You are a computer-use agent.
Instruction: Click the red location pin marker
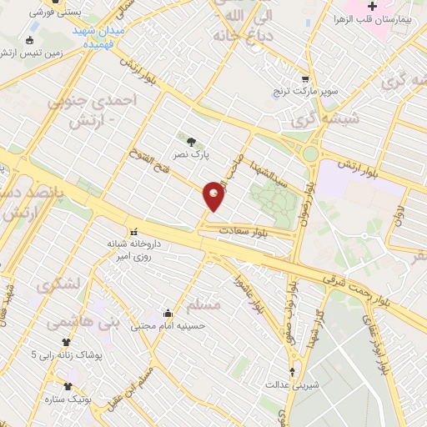pos(214,195)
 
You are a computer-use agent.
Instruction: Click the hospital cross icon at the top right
pos(373,7)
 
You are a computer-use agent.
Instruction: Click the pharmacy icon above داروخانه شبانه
pos(132,232)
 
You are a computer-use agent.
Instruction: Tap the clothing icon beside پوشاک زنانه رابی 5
pos(67,342)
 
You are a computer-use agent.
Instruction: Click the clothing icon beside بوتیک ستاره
pos(68,386)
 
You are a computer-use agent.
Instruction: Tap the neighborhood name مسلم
pos(203,305)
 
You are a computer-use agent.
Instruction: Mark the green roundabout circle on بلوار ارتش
pos(311,153)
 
